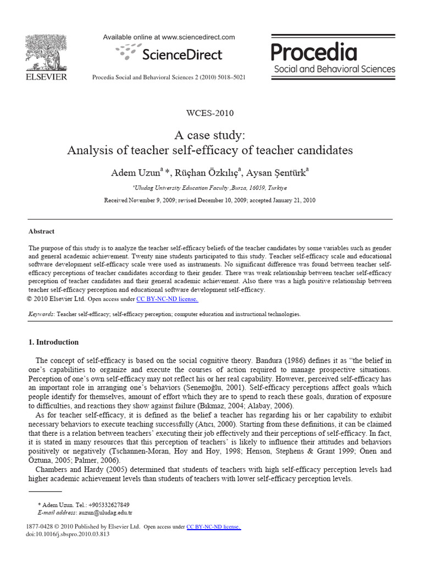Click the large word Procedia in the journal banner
pos(314,53)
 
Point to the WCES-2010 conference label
pos(210,114)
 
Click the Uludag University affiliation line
pos(210,187)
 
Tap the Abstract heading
pos(41,232)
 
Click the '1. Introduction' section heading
pos(53,342)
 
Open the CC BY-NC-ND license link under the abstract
pos(167,299)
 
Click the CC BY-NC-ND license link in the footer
pos(214,527)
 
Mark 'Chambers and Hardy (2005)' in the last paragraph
pos(81,469)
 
